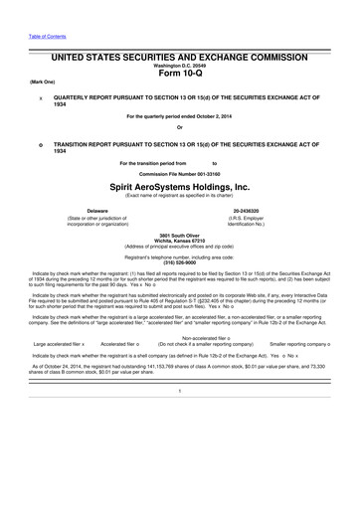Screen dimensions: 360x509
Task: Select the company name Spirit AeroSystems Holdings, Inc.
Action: click(x=180, y=186)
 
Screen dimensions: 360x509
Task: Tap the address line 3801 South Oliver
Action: click(x=180, y=234)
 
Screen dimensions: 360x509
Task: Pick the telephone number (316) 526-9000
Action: click(x=180, y=263)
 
